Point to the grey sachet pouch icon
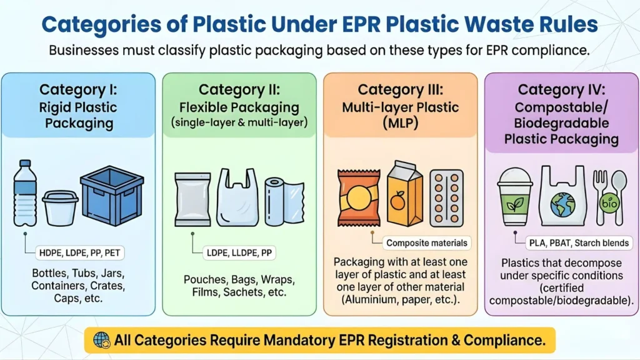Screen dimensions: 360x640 coord(192,199)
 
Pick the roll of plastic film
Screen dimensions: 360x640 coord(282,199)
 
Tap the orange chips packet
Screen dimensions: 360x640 coord(358,197)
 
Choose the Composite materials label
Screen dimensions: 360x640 coord(426,242)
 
